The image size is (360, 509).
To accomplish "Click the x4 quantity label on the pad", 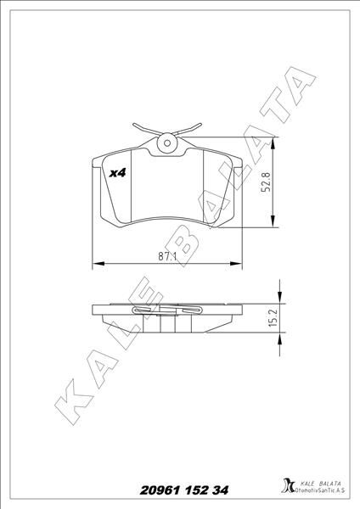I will coord(118,172).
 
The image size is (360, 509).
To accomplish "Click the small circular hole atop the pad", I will coord(166,144).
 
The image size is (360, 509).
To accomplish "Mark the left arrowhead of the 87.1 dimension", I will coord(95,262).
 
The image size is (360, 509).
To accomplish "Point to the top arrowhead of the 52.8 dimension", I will coord(273,143).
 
